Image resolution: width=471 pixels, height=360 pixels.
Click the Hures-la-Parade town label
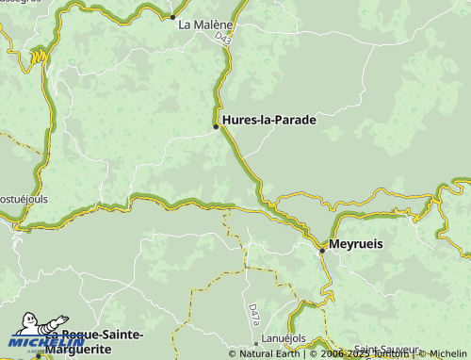268,120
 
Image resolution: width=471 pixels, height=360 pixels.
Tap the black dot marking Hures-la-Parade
216,125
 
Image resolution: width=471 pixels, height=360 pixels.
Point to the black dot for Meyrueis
321,250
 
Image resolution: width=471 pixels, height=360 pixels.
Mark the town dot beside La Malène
172,17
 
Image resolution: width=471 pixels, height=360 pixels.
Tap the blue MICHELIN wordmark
47,343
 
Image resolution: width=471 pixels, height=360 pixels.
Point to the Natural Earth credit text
268,354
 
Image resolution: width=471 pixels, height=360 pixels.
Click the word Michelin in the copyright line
447,354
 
